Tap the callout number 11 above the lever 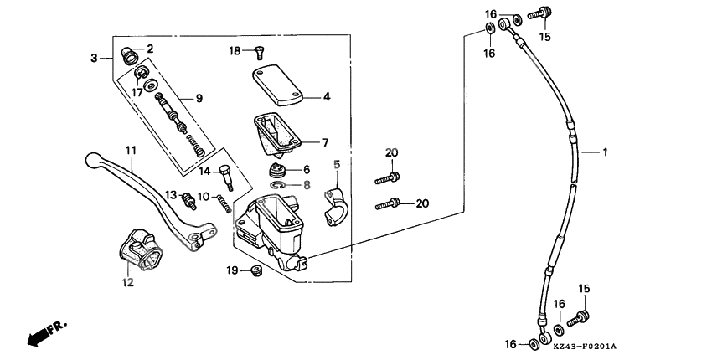[131, 150]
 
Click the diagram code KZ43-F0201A [585, 346]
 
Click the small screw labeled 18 [259, 52]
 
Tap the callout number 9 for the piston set [199, 98]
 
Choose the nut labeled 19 [257, 270]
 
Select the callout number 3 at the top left [95, 58]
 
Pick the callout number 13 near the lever [170, 195]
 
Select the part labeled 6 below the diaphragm [277, 170]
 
